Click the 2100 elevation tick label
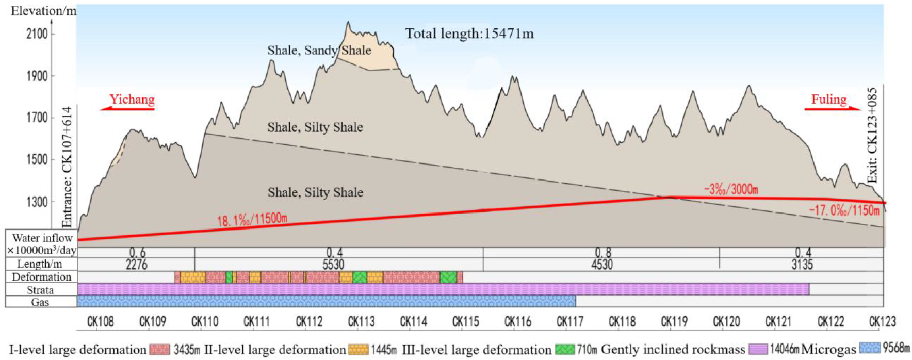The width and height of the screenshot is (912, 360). [x=37, y=34]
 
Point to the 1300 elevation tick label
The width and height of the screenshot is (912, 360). [x=37, y=202]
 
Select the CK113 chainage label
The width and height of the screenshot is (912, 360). [x=361, y=322]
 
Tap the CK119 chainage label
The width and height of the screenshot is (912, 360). [x=674, y=322]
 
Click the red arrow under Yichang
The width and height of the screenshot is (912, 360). [x=127, y=109]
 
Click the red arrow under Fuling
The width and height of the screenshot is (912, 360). [x=833, y=109]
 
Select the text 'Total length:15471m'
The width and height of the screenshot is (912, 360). [x=469, y=34]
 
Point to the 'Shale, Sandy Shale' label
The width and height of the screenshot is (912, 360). [x=319, y=50]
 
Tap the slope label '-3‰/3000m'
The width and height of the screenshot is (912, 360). [x=731, y=189]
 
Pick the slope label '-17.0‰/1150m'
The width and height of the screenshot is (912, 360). [x=844, y=210]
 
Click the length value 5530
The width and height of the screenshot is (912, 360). [x=333, y=265]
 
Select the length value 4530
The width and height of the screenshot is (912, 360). [x=602, y=265]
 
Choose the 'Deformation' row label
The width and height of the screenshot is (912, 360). [x=41, y=277]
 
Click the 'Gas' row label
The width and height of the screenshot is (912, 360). [x=40, y=302]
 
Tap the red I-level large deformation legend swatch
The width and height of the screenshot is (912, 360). [x=159, y=349]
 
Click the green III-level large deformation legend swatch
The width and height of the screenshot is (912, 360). [x=564, y=349]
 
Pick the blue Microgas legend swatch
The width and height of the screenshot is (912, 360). [x=870, y=349]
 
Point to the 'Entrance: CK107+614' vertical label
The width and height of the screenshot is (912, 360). [x=68, y=167]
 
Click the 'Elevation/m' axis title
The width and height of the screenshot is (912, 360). [x=43, y=11]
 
